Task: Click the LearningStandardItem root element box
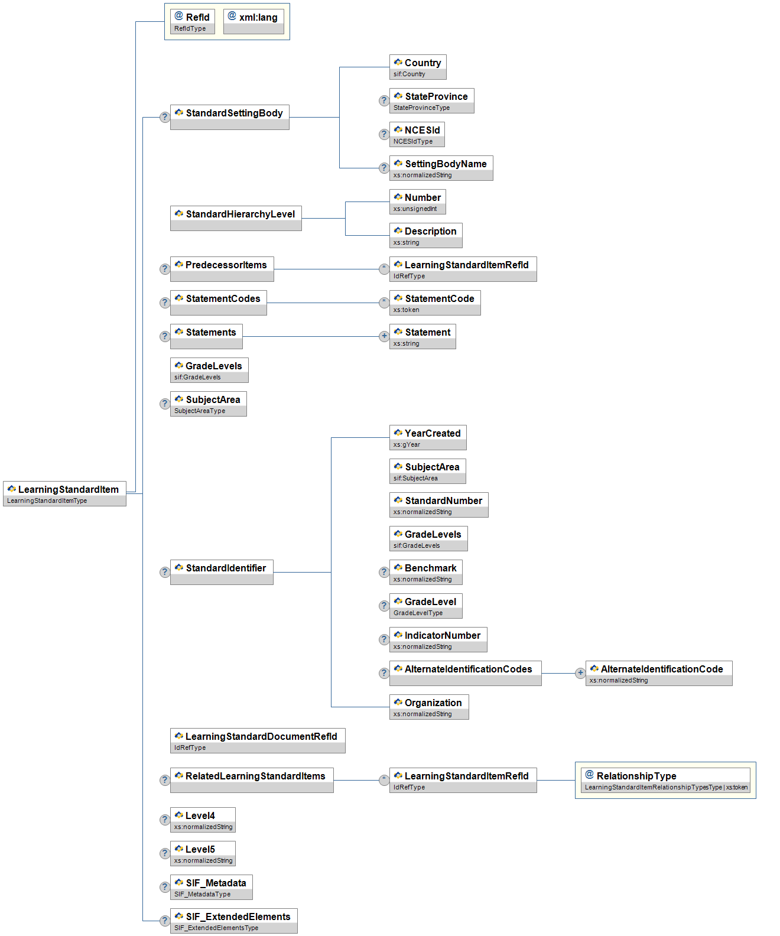[x=64, y=493]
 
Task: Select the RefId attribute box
[x=192, y=21]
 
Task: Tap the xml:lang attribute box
[x=253, y=21]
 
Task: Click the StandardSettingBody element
[x=229, y=117]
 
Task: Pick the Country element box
[x=418, y=67]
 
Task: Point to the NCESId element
[x=417, y=134]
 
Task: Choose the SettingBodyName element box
[x=441, y=168]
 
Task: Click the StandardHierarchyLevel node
[x=236, y=218]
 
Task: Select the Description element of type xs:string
[x=425, y=235]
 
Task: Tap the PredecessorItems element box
[x=222, y=269]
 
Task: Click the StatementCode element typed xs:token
[x=435, y=303]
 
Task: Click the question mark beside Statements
[x=165, y=336]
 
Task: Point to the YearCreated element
[x=428, y=437]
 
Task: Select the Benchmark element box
[x=425, y=572]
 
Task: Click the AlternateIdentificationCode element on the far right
[x=658, y=673]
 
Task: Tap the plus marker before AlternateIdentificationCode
[x=580, y=673]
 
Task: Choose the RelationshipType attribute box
[x=665, y=780]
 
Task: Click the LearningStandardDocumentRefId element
[x=258, y=740]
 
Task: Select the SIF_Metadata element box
[x=211, y=887]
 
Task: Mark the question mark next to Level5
[x=165, y=853]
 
